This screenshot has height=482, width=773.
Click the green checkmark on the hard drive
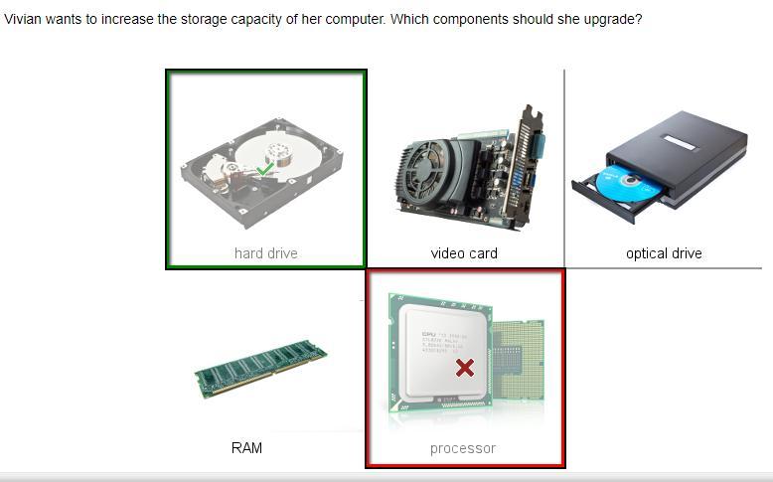[x=264, y=170]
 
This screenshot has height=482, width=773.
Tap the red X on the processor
[x=464, y=369]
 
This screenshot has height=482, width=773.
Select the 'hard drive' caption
[x=266, y=253]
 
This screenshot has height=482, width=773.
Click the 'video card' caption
[x=464, y=253]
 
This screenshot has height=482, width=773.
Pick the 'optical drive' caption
[x=664, y=253]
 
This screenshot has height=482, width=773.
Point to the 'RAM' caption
[x=246, y=448]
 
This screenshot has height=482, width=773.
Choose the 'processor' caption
[x=463, y=448]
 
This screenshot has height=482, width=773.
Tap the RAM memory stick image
[x=260, y=368]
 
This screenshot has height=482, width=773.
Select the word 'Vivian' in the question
[x=24, y=19]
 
